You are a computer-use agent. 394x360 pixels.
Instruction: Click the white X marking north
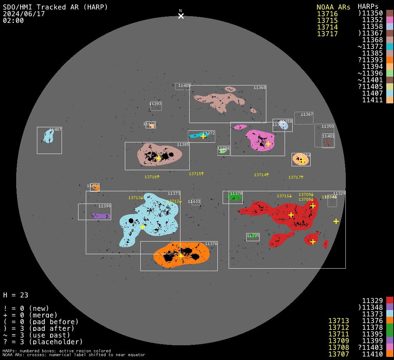181,16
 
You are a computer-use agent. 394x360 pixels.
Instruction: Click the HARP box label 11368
260,88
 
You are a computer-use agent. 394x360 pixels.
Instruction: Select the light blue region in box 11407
47,136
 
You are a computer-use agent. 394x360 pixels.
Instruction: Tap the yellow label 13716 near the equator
152,177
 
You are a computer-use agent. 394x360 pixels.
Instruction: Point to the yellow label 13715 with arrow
196,174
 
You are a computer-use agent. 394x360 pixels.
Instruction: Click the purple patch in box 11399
101,216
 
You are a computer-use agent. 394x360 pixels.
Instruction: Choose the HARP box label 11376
211,244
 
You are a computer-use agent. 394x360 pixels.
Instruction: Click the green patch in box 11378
235,197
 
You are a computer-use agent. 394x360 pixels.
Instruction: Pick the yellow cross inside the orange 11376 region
181,256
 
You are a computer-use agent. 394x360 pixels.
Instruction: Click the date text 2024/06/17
24,14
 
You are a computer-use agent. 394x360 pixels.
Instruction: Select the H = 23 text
16,295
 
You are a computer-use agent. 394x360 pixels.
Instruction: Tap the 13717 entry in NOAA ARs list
327,34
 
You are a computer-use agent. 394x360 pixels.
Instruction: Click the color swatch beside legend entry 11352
389,20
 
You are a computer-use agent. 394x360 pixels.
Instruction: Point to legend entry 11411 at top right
373,100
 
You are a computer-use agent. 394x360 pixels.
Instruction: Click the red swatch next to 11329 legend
389,301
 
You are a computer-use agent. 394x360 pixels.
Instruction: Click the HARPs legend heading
368,7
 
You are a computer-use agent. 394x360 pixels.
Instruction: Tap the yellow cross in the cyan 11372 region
203,136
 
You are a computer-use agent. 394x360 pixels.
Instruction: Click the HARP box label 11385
183,144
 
